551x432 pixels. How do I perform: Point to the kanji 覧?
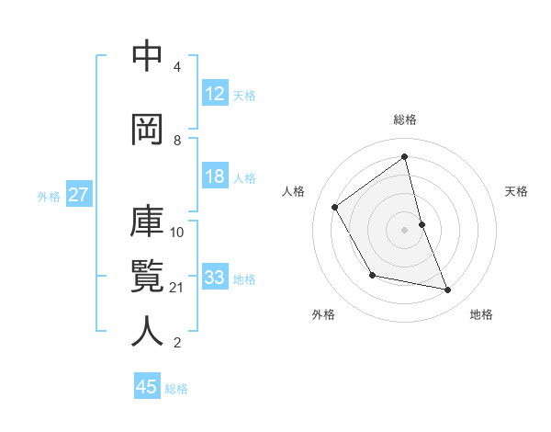[147, 276]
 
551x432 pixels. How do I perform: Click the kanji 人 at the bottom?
[147, 331]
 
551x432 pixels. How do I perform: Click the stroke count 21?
[177, 288]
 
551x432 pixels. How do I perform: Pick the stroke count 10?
[177, 232]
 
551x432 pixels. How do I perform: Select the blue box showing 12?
[214, 94]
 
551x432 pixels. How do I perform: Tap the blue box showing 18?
[214, 177]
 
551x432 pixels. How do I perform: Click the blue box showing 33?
[214, 278]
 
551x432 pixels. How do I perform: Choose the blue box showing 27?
[78, 195]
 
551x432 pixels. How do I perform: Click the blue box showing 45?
[147, 387]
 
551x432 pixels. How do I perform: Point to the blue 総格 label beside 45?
[176, 389]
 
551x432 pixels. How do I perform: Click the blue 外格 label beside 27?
[49, 196]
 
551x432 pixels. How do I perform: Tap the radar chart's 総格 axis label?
[405, 119]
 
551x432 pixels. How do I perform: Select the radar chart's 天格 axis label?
[516, 191]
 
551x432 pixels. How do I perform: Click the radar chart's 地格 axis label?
[481, 314]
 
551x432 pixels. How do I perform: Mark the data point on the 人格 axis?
[335, 207]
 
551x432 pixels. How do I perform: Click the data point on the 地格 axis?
[448, 290]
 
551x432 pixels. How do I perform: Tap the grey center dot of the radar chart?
[405, 230]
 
